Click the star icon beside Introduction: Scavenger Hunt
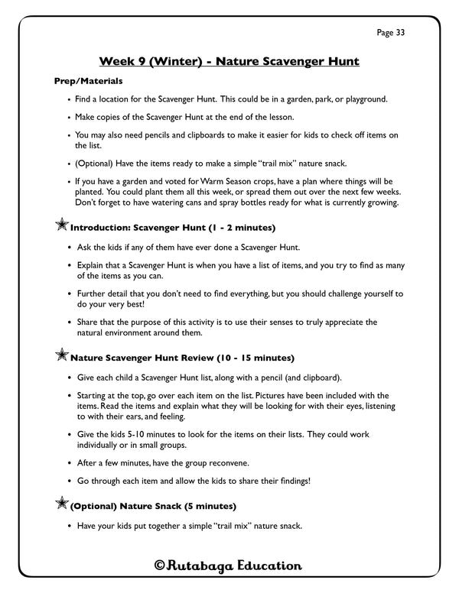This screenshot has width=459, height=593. click(x=61, y=227)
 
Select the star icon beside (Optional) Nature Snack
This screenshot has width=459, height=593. click(x=61, y=504)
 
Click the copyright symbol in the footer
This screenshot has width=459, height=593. click(x=160, y=565)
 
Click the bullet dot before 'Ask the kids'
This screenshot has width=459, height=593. click(x=70, y=248)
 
